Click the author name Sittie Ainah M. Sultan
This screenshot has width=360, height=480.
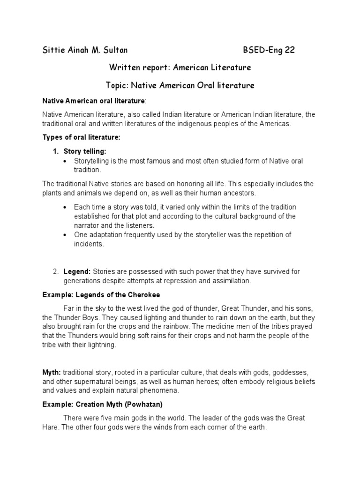click(85, 50)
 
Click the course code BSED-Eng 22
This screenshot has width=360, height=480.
click(269, 50)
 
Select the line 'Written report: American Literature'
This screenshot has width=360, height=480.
click(180, 67)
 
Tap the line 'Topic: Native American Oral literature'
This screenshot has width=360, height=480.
click(180, 85)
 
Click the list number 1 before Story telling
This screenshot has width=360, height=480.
click(55, 151)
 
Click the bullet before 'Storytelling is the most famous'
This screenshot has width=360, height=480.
click(64, 161)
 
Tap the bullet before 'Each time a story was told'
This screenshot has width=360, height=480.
click(64, 207)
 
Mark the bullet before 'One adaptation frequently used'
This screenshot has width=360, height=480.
click(64, 234)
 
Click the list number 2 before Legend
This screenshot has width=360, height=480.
click(55, 271)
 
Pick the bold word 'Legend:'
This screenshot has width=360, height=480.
click(77, 271)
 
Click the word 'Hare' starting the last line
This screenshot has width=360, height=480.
click(51, 427)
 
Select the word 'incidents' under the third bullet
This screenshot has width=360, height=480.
click(89, 244)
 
